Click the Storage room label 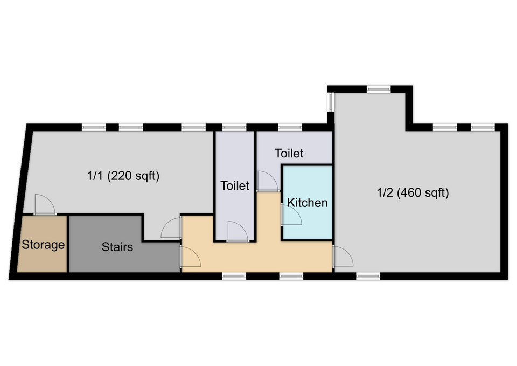(x=43, y=245)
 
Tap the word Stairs (x=117, y=247)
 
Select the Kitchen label (x=308, y=203)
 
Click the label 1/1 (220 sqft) (x=123, y=176)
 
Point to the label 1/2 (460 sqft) (x=413, y=192)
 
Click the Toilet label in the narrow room (x=235, y=185)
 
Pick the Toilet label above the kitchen (x=289, y=153)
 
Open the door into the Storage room (x=45, y=205)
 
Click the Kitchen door (x=291, y=215)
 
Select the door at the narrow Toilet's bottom (x=237, y=232)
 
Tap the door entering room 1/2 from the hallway (x=343, y=256)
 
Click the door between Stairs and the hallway (x=190, y=256)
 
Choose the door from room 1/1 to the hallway (x=171, y=227)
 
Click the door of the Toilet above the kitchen (x=268, y=181)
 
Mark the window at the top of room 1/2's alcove (x=379, y=89)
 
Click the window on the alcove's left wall (x=331, y=102)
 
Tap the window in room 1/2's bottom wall (x=368, y=276)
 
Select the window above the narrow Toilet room (x=234, y=127)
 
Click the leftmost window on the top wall (x=94, y=127)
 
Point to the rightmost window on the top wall (x=483, y=127)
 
